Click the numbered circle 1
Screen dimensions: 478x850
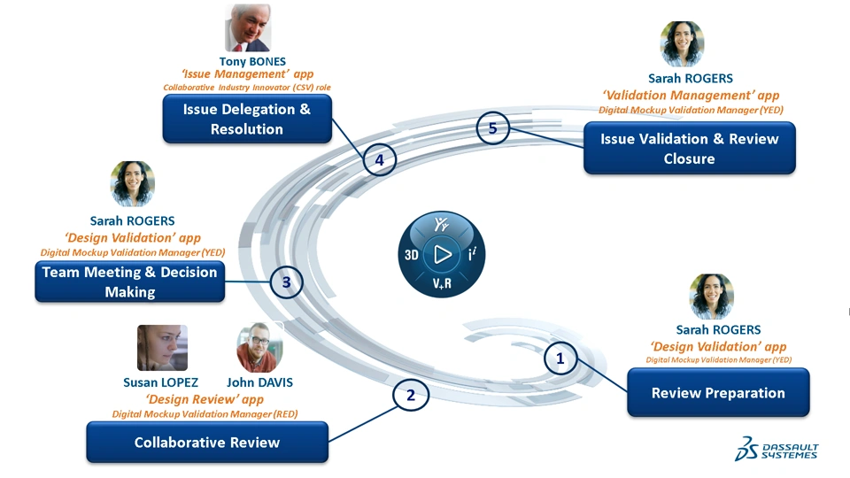point(560,358)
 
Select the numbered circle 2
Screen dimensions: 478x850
point(410,396)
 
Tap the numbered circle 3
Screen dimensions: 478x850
point(286,283)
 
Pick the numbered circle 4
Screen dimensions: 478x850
point(379,160)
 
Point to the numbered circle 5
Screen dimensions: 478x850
point(492,128)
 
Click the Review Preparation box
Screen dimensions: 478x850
point(718,393)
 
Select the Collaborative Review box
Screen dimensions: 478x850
point(206,442)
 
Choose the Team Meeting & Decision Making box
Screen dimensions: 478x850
point(129,282)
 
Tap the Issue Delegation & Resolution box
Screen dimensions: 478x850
point(247,119)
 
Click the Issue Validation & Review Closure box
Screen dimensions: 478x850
point(689,149)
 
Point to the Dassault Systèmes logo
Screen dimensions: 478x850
point(777,450)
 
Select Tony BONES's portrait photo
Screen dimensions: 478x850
point(248,28)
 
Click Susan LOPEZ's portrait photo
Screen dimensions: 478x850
point(162,348)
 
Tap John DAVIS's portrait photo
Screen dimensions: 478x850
point(259,348)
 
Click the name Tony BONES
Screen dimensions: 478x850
point(252,62)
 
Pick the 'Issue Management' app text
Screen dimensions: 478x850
point(247,74)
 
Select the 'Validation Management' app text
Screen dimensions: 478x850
point(691,95)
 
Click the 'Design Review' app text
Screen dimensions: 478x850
point(205,399)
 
